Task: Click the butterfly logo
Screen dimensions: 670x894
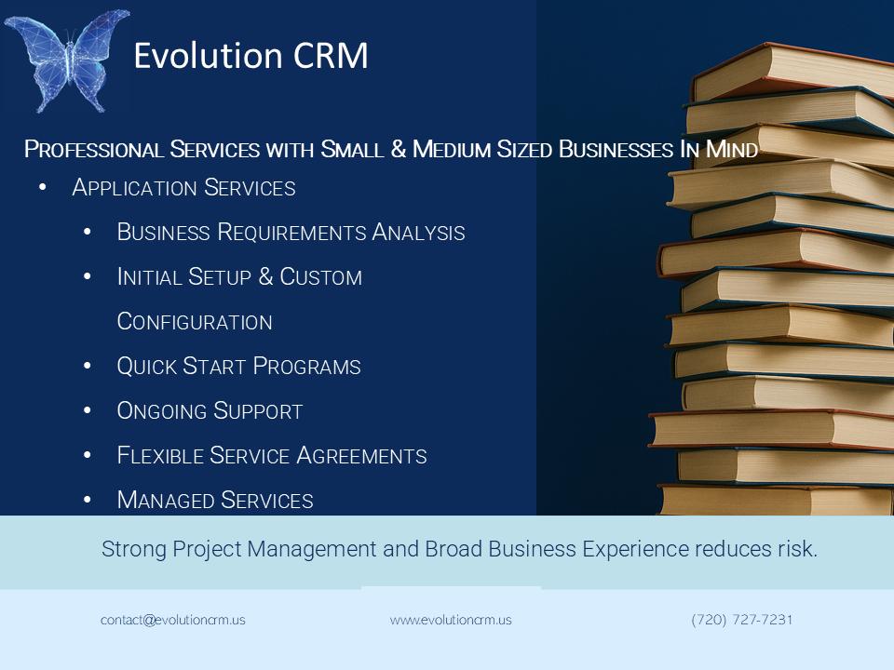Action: [x=66, y=59]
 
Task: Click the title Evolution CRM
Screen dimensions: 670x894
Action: [x=251, y=57]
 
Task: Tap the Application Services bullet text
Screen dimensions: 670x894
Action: [x=183, y=188]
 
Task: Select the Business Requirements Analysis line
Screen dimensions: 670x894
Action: [x=291, y=233]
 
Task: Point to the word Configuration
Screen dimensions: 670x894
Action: [x=195, y=322]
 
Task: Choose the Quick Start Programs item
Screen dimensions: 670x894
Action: [x=238, y=367]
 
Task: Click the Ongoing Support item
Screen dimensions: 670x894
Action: [x=210, y=411]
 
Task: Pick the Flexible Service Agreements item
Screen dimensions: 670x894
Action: [x=272, y=456]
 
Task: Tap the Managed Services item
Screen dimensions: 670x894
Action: [x=215, y=501]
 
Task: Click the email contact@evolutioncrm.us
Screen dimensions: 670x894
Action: [x=173, y=620]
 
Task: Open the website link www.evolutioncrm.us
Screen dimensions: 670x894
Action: [x=451, y=620]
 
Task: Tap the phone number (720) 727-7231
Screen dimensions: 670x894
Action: [x=742, y=620]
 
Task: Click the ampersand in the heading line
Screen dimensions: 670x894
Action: [x=398, y=149]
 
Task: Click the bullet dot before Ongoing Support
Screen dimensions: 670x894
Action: [x=88, y=411]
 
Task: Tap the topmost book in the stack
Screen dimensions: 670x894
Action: [x=792, y=70]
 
